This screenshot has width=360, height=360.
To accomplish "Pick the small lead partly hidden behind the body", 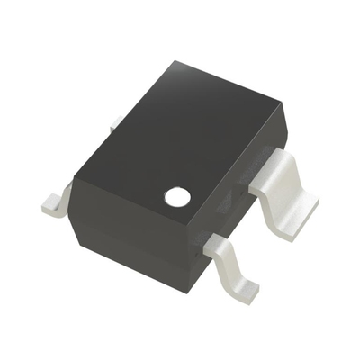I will [116, 124].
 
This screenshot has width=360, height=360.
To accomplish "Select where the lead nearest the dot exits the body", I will [212, 242].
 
